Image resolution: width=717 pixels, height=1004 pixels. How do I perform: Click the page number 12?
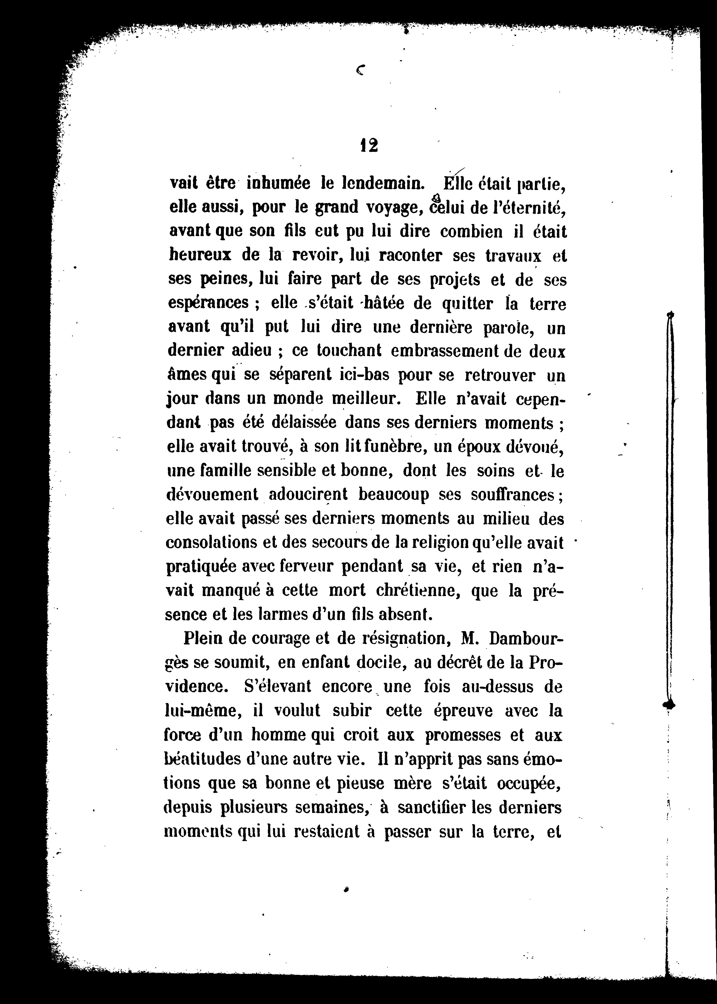pos(369,146)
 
